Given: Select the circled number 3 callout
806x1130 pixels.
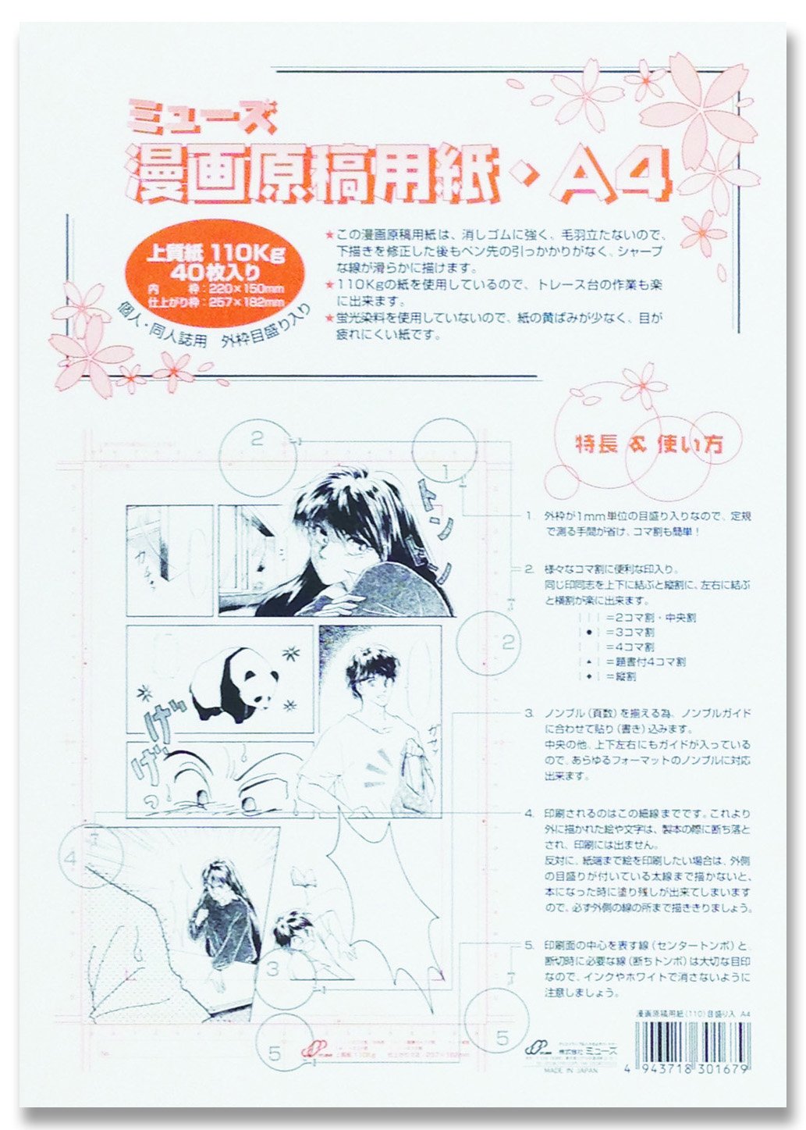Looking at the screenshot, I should coord(272,970).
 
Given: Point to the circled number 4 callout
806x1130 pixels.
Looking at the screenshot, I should coord(72,860).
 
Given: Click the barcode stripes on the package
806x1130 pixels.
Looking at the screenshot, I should coord(686,1040).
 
